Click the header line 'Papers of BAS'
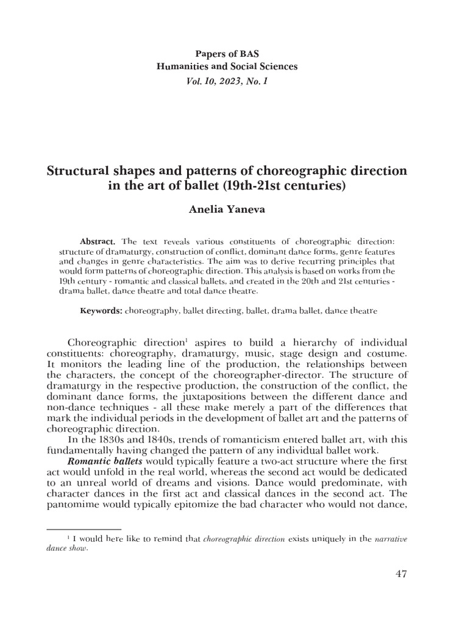235,54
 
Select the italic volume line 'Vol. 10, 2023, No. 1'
234,79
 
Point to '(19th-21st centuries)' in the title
293,186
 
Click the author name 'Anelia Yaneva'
234,211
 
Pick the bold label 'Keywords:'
102,311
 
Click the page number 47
400,573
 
